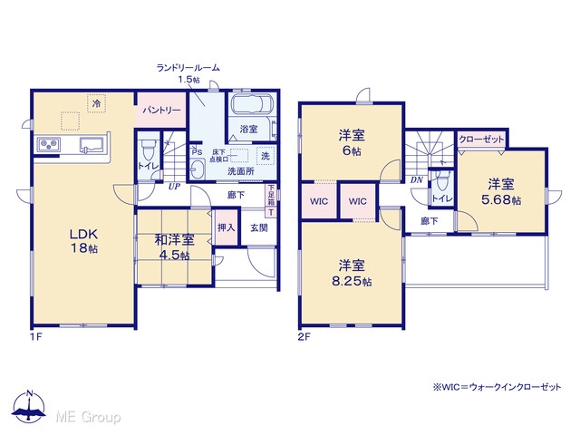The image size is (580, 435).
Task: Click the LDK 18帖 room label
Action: pyautogui.click(x=84, y=241)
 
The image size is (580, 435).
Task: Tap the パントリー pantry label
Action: pyautogui.click(x=161, y=110)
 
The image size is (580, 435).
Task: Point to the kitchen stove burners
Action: pyautogui.click(x=48, y=144)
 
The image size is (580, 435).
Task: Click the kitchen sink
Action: pyautogui.click(x=92, y=144)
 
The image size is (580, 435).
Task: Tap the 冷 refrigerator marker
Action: pyautogui.click(x=97, y=103)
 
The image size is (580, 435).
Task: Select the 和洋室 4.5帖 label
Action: pyautogui.click(x=174, y=247)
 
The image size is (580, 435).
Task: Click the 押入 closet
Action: pyautogui.click(x=227, y=227)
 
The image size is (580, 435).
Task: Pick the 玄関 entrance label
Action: pyautogui.click(x=259, y=227)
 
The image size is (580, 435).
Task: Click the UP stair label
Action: pyautogui.click(x=174, y=187)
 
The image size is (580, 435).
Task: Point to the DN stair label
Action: pyautogui.click(x=417, y=180)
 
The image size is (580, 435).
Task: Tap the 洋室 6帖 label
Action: pyautogui.click(x=351, y=143)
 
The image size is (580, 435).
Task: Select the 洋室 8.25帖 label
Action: pyautogui.click(x=352, y=274)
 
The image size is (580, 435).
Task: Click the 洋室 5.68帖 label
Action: pyautogui.click(x=501, y=191)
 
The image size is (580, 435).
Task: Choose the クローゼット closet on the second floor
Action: pyautogui.click(x=481, y=140)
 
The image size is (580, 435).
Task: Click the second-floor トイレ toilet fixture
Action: pyautogui.click(x=442, y=182)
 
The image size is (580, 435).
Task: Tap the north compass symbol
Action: pyautogui.click(x=29, y=407)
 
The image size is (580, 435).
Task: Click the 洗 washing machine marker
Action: pyautogui.click(x=266, y=156)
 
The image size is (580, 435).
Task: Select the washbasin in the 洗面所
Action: pyautogui.click(x=198, y=169)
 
